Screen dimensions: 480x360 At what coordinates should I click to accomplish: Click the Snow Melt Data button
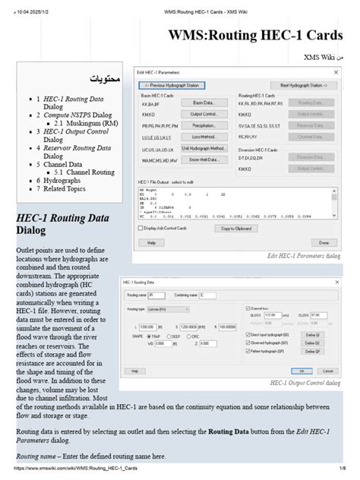point(201,159)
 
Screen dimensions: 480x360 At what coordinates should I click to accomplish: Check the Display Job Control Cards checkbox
point(139,228)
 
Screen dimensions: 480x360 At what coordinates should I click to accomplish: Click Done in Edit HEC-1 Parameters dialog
point(323,242)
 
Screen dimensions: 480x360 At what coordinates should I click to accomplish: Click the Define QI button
point(311,334)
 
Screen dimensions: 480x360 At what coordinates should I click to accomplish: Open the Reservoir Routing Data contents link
point(76,148)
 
